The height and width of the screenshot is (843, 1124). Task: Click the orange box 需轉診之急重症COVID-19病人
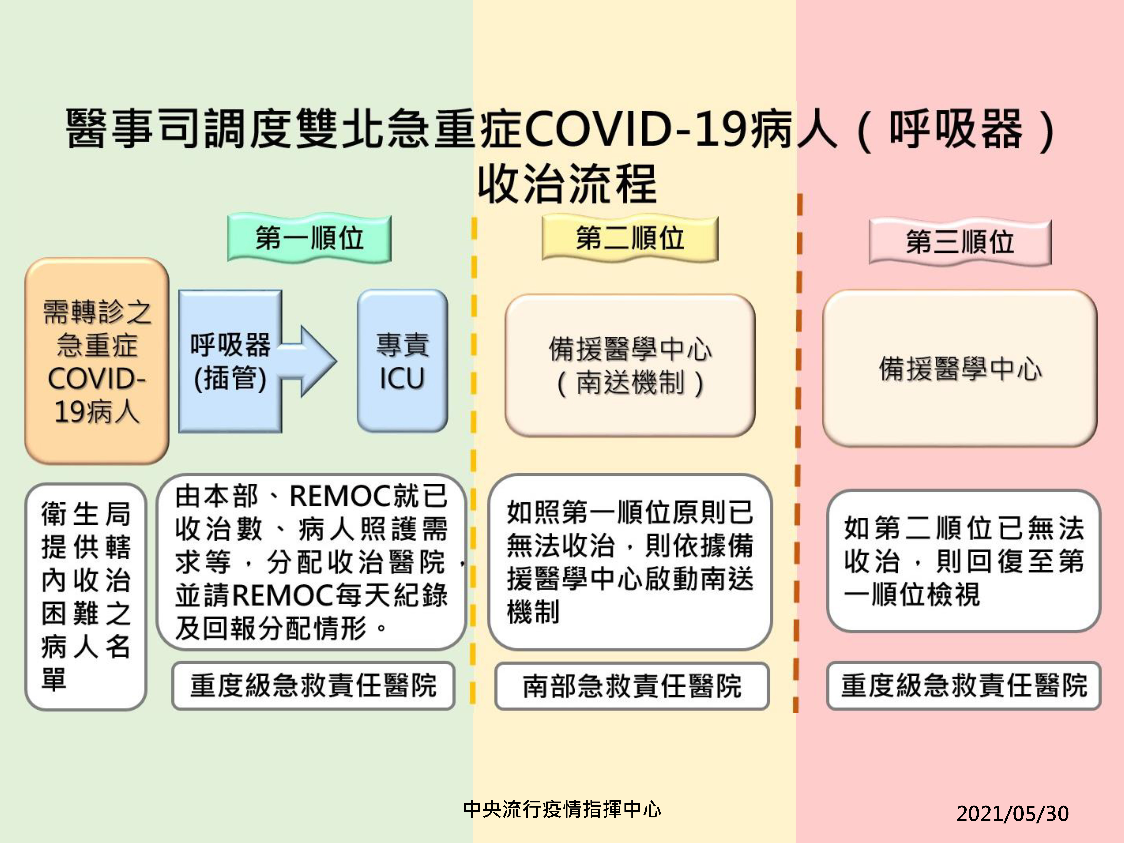point(97,361)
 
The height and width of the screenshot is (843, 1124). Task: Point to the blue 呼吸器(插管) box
point(230,361)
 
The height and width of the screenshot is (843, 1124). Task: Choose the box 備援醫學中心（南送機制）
point(630,365)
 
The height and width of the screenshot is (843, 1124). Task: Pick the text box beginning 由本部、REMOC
point(312,562)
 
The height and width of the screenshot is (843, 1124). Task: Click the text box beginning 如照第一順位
point(630,562)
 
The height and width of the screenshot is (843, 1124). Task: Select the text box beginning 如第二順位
point(964,561)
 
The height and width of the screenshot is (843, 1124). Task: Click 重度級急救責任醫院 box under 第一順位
point(313,686)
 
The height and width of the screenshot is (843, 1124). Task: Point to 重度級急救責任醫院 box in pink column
point(964,686)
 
